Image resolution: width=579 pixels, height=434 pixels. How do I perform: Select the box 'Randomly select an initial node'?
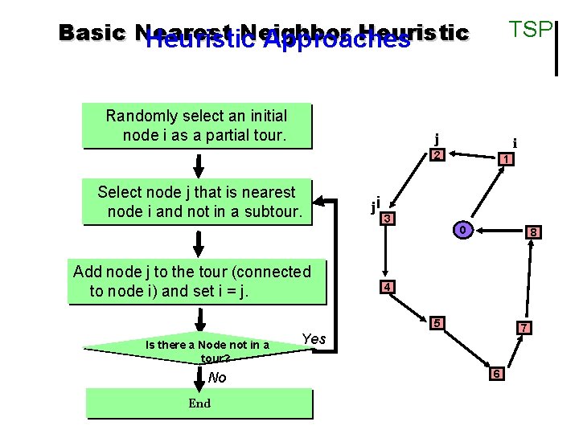click(x=196, y=126)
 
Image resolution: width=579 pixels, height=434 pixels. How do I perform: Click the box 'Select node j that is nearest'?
click(x=197, y=203)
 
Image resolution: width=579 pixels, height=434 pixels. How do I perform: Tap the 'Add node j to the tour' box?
click(x=197, y=281)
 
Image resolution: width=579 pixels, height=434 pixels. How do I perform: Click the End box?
click(x=199, y=403)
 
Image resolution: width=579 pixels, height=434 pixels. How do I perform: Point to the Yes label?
click(x=314, y=338)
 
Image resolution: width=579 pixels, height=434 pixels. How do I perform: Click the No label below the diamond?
click(x=217, y=378)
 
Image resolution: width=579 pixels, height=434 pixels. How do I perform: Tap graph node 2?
click(x=437, y=154)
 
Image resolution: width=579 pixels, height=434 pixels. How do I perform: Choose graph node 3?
click(x=388, y=219)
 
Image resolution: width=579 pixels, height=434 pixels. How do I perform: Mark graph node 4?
click(x=387, y=287)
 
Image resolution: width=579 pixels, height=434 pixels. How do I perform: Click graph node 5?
click(x=437, y=323)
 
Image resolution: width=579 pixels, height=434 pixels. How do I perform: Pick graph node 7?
click(x=523, y=328)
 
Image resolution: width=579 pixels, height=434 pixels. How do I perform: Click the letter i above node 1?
click(x=515, y=144)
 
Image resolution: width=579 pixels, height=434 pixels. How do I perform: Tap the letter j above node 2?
click(x=437, y=137)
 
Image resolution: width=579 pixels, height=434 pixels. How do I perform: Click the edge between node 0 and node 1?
click(x=483, y=195)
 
